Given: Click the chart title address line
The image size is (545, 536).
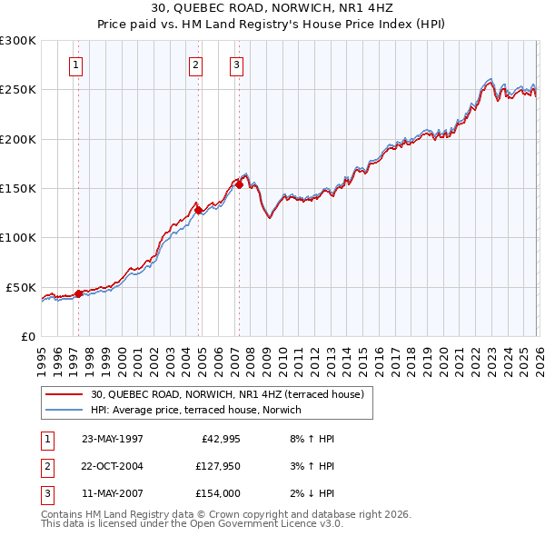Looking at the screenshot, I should (272, 9).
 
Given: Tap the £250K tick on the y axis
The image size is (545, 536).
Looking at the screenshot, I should (18, 90).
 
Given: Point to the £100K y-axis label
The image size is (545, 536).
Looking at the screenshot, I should (18, 238).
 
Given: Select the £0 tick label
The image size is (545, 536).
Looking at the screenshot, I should (29, 336).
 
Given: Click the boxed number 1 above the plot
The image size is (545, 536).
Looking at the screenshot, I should (75, 65).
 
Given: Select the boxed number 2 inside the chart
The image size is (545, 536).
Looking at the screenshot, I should (196, 65).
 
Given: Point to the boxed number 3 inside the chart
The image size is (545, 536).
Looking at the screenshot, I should (236, 65).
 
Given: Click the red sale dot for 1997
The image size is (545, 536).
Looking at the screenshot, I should (78, 293).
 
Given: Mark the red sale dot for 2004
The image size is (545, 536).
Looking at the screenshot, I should (198, 210).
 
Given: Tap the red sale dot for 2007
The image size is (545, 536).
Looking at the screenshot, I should (239, 184).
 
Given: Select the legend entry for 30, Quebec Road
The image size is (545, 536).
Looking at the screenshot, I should (227, 394).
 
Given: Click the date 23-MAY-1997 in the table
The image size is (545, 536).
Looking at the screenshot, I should (112, 439).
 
